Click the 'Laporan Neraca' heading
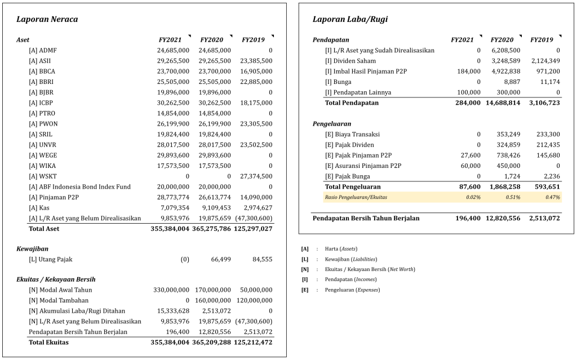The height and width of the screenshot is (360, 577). pyautogui.click(x=47, y=20)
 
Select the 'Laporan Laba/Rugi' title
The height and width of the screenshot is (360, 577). pyautogui.click(x=350, y=20)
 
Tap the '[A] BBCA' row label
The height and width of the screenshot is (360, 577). pyautogui.click(x=42, y=72)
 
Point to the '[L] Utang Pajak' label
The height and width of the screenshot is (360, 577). pyautogui.click(x=51, y=260)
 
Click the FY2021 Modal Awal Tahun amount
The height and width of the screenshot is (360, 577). pyautogui.click(x=169, y=290)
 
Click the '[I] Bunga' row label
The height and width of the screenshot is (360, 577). pyautogui.click(x=338, y=82)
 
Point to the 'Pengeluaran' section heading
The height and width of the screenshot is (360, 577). pyautogui.click(x=332, y=124)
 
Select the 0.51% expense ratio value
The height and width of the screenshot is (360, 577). pyautogui.click(x=512, y=197)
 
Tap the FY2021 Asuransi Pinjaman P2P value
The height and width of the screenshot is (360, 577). pyautogui.click(x=471, y=166)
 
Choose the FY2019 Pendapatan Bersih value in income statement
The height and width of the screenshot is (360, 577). pyautogui.click(x=544, y=218)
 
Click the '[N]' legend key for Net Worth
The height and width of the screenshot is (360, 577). pyautogui.click(x=305, y=269)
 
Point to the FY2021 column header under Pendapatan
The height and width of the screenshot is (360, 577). pyautogui.click(x=462, y=41)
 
